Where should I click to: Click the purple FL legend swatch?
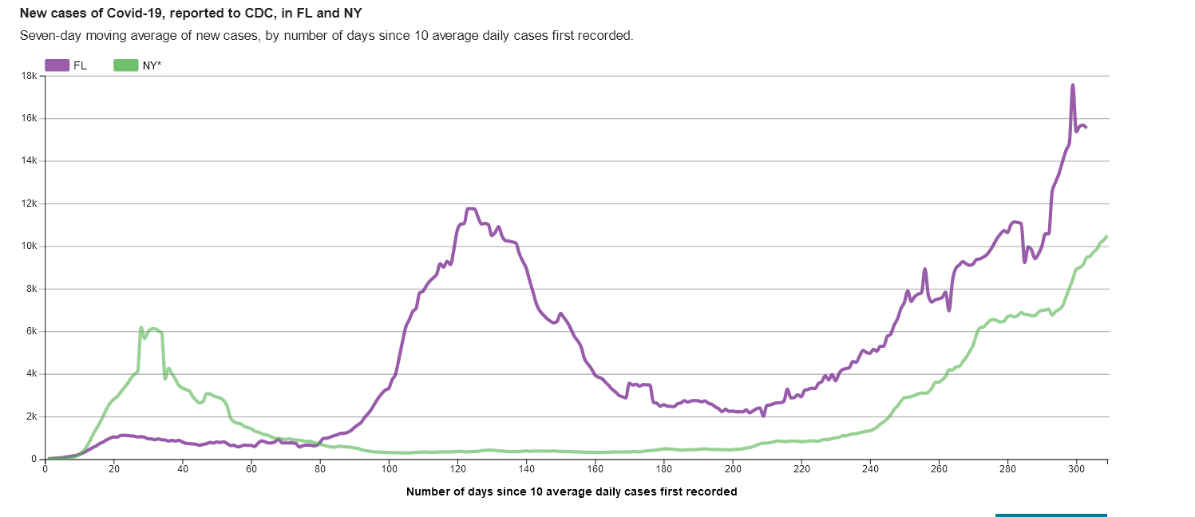57,65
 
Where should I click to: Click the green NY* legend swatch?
126,65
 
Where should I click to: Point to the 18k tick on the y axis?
29,76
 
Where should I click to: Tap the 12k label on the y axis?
29,203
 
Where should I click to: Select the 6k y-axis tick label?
31,331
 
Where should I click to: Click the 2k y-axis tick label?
31,416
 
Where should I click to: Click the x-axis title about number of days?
572,491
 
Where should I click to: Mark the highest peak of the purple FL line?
1073,85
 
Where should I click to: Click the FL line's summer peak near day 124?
470,208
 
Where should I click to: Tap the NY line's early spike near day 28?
141,328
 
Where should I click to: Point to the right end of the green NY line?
1106,236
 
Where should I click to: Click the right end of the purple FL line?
1086,128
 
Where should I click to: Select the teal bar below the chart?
1051,515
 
